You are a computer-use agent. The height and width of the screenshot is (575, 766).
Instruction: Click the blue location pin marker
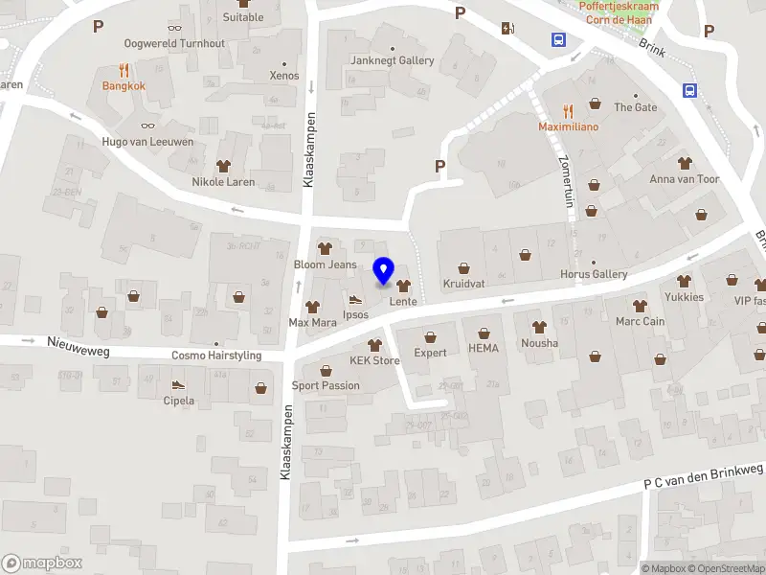point(384,271)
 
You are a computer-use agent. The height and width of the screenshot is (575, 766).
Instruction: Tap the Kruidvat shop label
point(464,285)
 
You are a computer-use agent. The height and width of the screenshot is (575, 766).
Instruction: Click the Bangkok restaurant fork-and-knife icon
point(124,70)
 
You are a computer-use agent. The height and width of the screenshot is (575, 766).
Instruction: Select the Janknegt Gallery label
point(393,60)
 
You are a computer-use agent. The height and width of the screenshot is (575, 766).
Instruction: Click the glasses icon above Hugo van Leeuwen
point(147,125)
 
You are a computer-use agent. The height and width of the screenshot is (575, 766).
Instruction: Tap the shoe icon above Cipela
point(176,384)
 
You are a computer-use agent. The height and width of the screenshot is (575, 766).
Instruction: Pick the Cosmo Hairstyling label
point(215,356)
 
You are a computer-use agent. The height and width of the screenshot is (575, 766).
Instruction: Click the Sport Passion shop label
point(326,385)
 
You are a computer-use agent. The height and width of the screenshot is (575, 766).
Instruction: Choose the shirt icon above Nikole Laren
point(223,165)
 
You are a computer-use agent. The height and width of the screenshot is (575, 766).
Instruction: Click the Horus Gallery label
point(594,275)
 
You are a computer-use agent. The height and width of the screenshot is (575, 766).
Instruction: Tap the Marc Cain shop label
point(640,322)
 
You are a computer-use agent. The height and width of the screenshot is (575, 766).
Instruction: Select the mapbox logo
point(41,563)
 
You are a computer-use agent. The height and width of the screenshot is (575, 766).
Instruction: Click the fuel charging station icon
point(507,27)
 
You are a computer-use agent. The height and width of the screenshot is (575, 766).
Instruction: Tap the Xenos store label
point(284,76)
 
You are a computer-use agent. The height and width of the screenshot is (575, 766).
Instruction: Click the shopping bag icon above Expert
point(430,336)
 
